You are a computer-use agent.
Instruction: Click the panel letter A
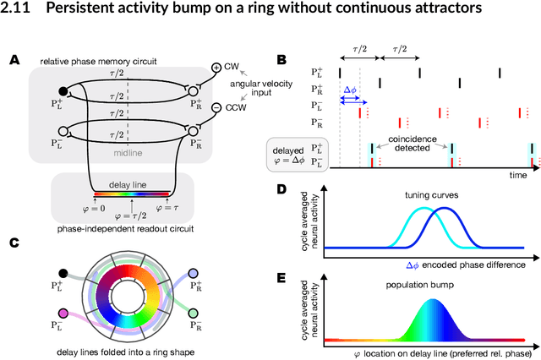(x=14, y=60)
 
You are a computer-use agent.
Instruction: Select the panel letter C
(x=14, y=242)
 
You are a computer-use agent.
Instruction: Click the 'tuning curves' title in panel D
(x=413, y=197)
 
